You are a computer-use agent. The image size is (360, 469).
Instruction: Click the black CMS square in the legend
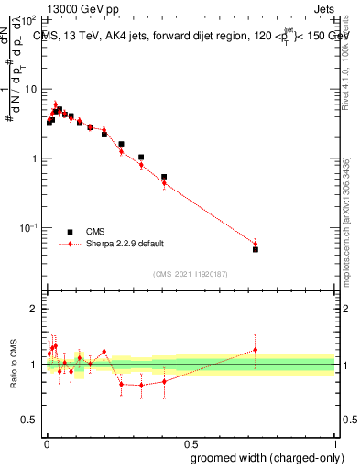70,232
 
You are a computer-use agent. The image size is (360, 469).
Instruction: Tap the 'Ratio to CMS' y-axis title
12,364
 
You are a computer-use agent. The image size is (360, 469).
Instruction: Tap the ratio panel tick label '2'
34,309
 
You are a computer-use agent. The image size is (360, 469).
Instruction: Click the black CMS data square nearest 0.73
256,249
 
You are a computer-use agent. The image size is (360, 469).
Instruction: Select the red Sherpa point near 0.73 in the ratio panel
256,350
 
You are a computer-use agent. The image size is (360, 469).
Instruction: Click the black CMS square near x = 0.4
164,177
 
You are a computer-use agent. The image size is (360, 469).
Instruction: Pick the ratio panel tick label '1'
34,365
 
